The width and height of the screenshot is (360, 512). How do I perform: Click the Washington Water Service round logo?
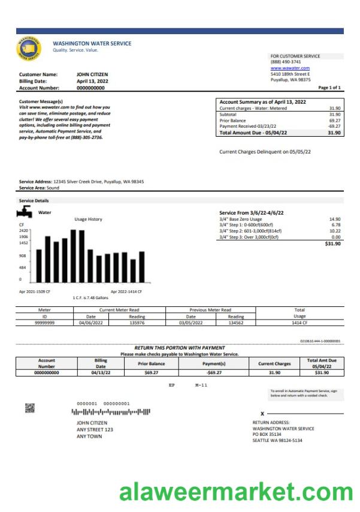coord(29,49)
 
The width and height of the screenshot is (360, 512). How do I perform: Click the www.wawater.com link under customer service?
coord(290,68)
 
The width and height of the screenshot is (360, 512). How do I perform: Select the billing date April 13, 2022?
coord(92,81)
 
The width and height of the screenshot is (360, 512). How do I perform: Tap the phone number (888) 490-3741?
coord(286,62)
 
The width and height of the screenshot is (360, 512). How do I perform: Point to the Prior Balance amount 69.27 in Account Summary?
coord(334,121)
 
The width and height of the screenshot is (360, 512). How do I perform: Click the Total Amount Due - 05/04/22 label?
coord(253,133)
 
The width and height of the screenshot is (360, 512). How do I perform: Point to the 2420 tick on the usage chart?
coord(23,230)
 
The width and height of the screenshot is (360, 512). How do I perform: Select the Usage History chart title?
coord(88,219)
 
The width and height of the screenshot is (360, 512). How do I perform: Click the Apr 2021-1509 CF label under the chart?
coord(35,291)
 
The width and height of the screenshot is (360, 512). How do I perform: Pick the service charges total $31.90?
coord(332,244)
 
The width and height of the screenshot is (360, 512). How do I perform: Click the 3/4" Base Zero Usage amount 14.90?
coord(335,219)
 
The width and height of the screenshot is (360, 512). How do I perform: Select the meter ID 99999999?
coord(44,323)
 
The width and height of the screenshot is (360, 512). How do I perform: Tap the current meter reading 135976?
coord(137,323)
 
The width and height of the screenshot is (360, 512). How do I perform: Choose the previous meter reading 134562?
coord(236,323)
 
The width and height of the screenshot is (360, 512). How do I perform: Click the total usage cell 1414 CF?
coord(300,323)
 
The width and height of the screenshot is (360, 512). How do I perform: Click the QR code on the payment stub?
coord(29,408)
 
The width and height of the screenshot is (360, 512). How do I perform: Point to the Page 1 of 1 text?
coord(329,88)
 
